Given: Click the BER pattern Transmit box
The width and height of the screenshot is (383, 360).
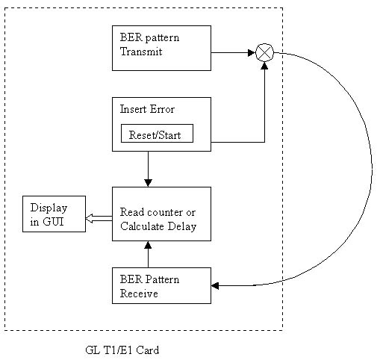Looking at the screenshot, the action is pyautogui.click(x=161, y=48).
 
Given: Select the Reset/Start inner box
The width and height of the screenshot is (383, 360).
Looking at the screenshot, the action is pyautogui.click(x=157, y=134).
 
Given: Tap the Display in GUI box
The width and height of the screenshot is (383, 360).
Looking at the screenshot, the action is pyautogui.click(x=54, y=214).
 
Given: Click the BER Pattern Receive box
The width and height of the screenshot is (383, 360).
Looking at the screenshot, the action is pyautogui.click(x=161, y=285).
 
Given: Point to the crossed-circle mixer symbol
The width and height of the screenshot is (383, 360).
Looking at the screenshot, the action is pyautogui.click(x=264, y=52).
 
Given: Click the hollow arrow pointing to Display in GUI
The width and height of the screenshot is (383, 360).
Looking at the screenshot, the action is pyautogui.click(x=99, y=219).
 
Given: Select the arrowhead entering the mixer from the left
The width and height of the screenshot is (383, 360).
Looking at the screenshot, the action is pyautogui.click(x=252, y=53).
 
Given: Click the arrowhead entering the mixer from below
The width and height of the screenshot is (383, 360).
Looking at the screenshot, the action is pyautogui.click(x=264, y=66).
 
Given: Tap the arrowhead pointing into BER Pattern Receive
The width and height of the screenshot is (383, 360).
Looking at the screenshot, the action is pyautogui.click(x=215, y=285).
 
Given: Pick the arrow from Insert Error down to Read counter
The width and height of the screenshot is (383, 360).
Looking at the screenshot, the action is pyautogui.click(x=148, y=169).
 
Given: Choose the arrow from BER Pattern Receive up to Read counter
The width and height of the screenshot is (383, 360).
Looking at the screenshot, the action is pyautogui.click(x=148, y=254).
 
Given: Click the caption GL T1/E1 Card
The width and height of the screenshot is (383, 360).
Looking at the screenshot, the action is pyautogui.click(x=122, y=350).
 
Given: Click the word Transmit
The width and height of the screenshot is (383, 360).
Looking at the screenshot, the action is pyautogui.click(x=141, y=52).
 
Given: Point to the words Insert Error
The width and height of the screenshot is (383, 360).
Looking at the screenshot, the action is pyautogui.click(x=147, y=109).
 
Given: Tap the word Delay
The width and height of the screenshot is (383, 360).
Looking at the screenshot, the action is pyautogui.click(x=182, y=226).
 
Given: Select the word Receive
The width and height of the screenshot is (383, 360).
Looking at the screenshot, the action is pyautogui.click(x=139, y=294).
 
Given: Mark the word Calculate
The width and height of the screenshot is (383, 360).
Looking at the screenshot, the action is pyautogui.click(x=142, y=226).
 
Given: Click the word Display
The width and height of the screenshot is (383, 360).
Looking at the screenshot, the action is pyautogui.click(x=49, y=208).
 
